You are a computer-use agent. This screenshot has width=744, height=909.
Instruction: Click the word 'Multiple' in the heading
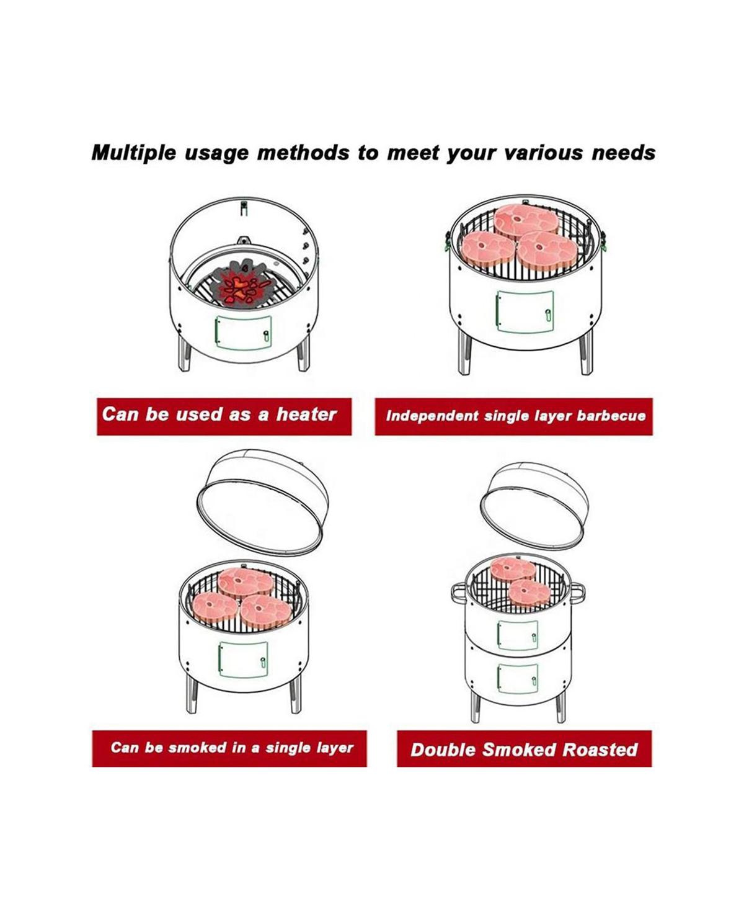[134, 153]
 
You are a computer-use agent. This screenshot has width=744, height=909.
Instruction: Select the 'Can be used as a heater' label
[224, 416]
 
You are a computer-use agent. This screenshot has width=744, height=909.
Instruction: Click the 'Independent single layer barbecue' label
[513, 416]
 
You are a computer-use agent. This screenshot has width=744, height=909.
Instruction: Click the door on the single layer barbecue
[525, 311]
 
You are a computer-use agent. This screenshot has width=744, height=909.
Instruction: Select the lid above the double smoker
[534, 506]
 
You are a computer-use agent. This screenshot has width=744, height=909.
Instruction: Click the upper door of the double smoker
[518, 635]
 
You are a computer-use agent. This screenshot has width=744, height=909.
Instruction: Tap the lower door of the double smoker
[518, 678]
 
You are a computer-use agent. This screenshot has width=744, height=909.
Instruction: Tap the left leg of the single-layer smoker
[192, 694]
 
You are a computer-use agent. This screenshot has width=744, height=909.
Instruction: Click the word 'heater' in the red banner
[306, 414]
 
